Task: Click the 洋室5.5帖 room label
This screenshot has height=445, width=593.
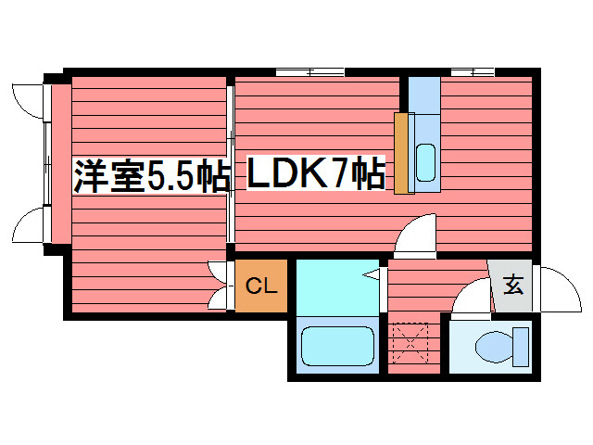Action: (x=151, y=176)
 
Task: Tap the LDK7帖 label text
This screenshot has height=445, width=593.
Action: (x=316, y=174)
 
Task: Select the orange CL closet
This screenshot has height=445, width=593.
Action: (x=261, y=286)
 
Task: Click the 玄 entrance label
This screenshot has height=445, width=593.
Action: (x=512, y=286)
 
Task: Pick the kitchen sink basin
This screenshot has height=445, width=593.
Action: (x=425, y=163)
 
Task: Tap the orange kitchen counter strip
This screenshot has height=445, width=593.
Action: (x=402, y=153)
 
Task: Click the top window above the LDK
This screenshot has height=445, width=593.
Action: (x=309, y=71)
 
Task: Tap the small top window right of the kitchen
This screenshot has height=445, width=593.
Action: (x=472, y=71)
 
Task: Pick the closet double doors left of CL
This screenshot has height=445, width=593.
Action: (x=220, y=286)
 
